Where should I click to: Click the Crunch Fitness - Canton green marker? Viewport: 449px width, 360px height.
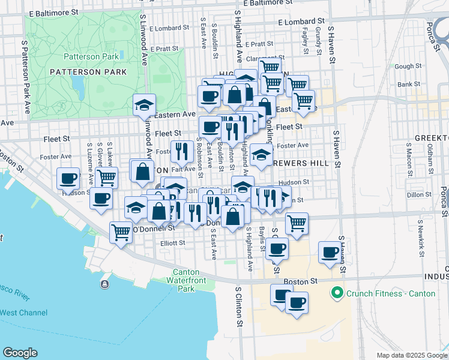336,293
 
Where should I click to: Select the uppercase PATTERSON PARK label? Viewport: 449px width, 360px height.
97,72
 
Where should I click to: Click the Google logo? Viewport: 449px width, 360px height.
20,353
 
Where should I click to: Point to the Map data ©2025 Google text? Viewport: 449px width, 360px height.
411,355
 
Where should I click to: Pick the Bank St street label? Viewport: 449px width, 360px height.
408,85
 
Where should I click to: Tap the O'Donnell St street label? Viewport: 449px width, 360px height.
154,228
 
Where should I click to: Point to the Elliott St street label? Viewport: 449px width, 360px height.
157,243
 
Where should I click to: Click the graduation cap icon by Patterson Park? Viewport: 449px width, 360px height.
144,105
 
